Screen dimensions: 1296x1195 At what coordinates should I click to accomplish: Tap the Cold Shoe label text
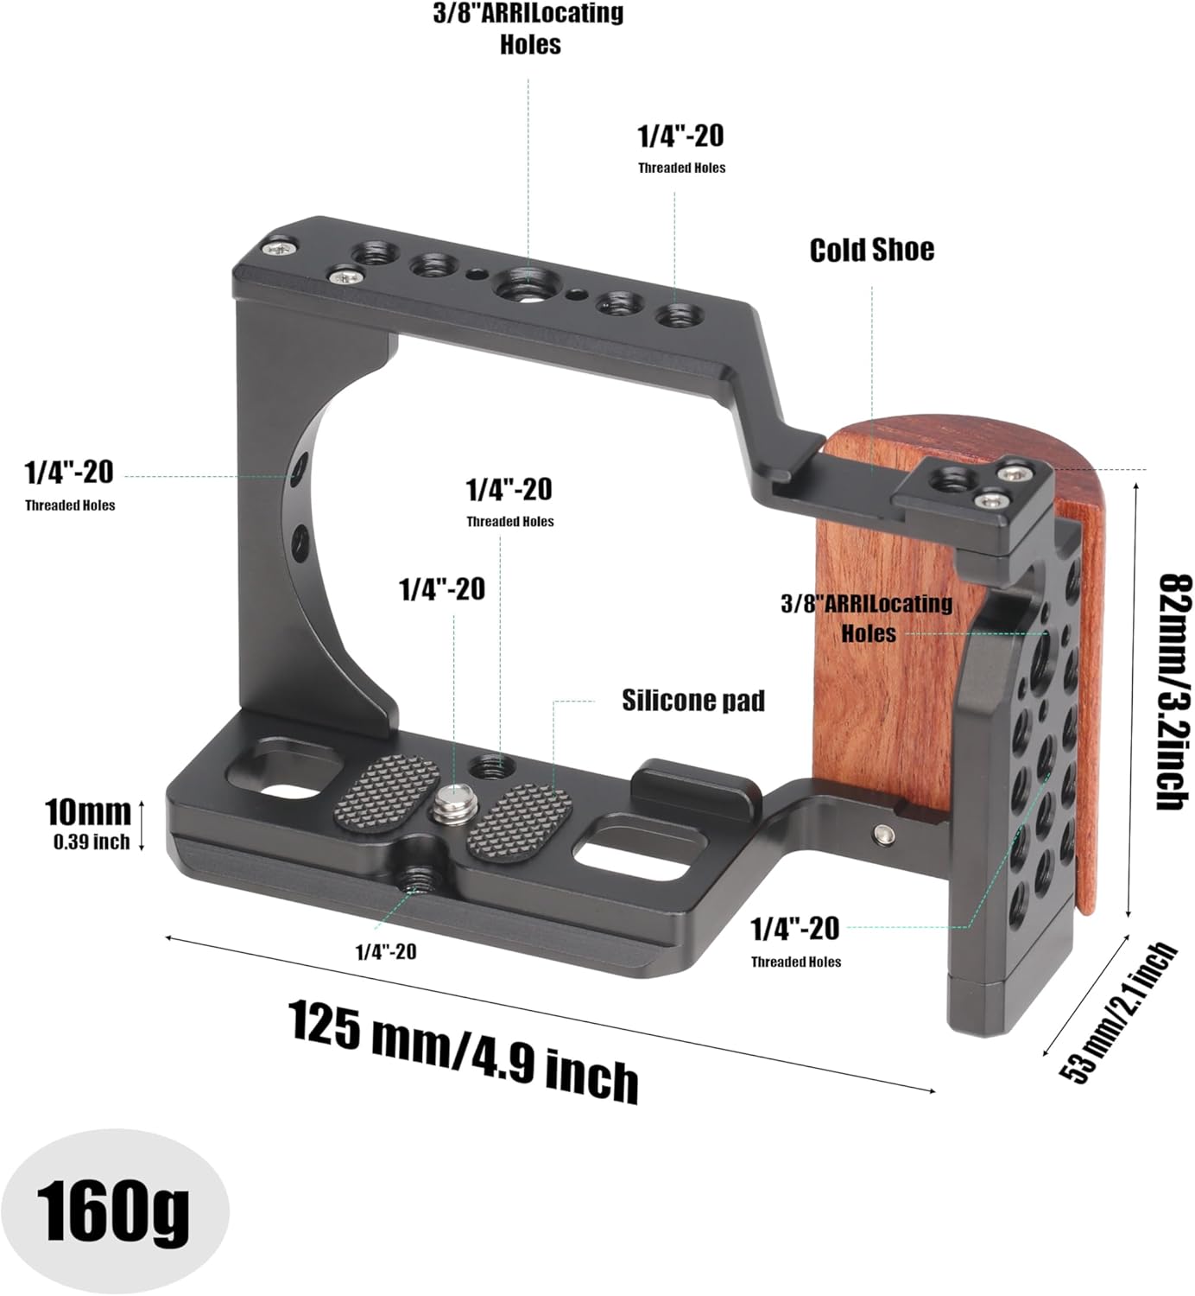pos(871,250)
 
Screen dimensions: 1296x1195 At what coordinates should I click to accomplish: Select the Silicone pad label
pos(693,700)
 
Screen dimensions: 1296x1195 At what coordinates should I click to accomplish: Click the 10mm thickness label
pos(87,811)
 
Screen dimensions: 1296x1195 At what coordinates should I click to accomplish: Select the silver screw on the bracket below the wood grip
pos(882,834)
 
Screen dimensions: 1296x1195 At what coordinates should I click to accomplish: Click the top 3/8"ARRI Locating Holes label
pos(528,29)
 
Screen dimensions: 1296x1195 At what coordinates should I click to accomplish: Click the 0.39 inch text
pos(92,842)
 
